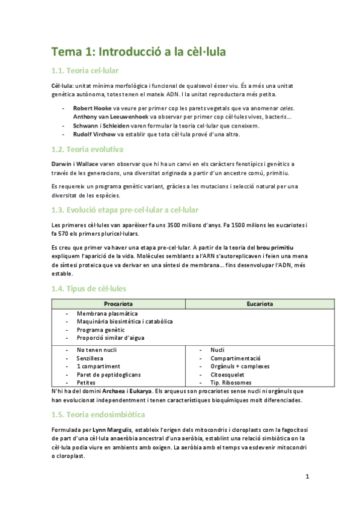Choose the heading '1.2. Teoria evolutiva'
(x=87, y=149)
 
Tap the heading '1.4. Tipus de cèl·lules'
(x=89, y=289)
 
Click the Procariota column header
(x=118, y=304)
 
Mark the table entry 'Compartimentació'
(x=236, y=358)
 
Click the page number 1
(x=307, y=478)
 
